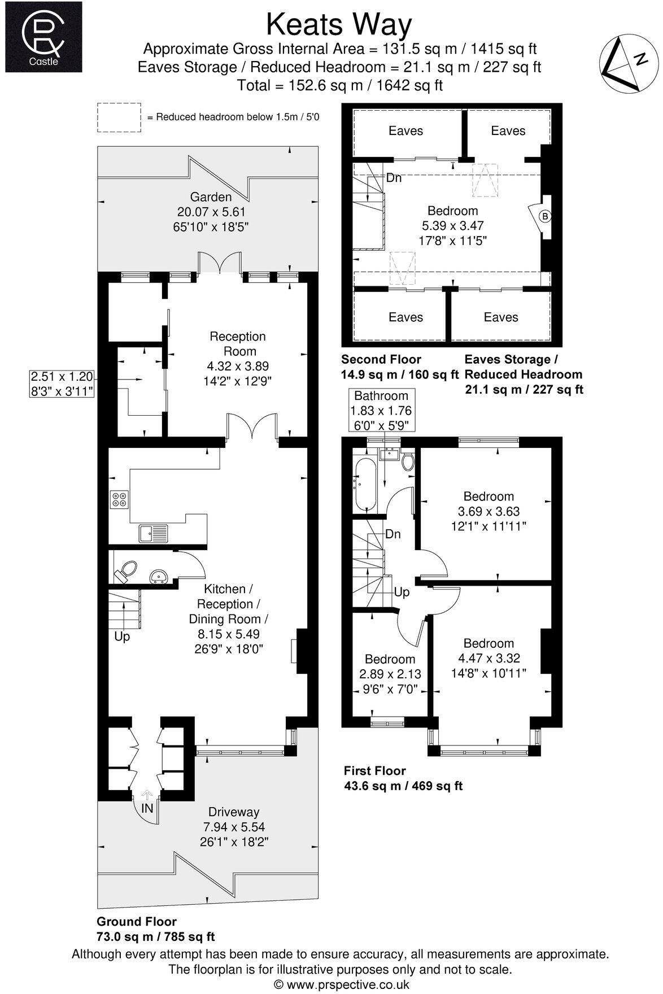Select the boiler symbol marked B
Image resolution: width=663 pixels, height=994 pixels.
[x=544, y=216]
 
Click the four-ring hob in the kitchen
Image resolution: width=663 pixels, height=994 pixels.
[x=120, y=499]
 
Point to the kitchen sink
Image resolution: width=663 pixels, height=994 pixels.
[x=153, y=531]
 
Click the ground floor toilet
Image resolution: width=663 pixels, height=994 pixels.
[x=125, y=571]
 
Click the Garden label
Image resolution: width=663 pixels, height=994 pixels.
[x=211, y=197]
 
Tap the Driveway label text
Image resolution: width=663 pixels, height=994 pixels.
[x=234, y=812]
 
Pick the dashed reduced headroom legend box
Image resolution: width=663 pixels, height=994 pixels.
[x=119, y=117]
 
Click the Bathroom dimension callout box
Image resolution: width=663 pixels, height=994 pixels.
[x=381, y=411]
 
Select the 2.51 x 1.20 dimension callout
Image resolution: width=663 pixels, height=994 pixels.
[x=62, y=383]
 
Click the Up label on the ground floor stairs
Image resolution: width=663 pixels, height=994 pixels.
[x=122, y=636]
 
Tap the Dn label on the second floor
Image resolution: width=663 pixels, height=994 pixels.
[x=394, y=178]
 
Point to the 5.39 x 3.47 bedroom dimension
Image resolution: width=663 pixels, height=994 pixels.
[x=452, y=225]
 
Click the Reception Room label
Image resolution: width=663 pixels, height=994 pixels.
[x=237, y=344]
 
